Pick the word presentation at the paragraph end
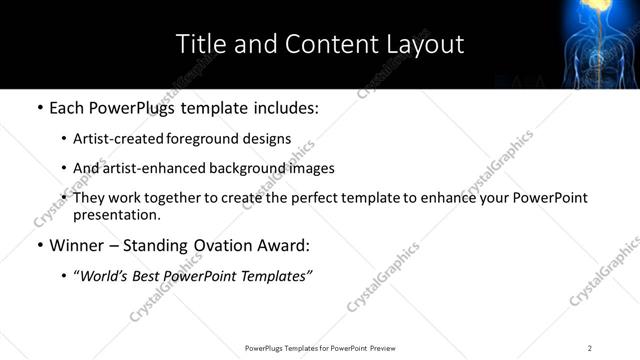116,214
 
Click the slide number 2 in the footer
590,348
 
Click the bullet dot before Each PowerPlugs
39,107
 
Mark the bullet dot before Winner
39,245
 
